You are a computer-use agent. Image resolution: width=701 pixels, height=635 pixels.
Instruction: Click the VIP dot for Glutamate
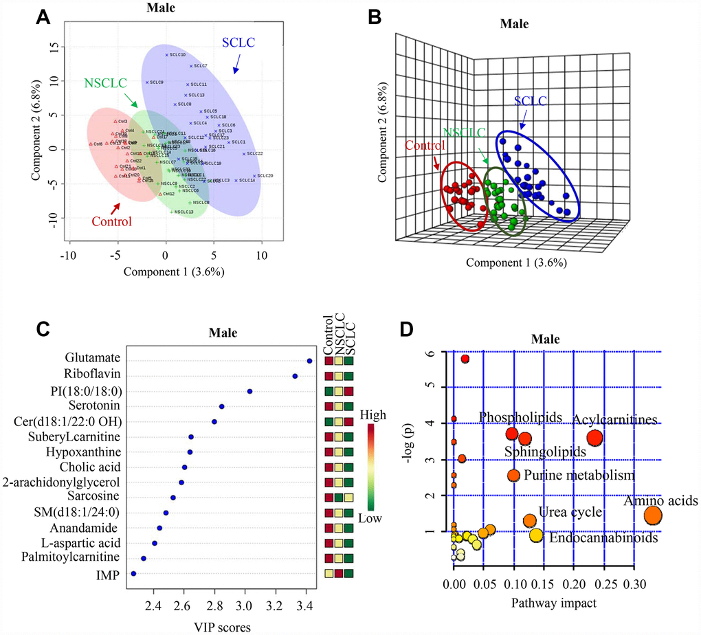[309, 360]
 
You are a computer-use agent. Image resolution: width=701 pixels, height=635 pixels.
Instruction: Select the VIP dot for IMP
[133, 573]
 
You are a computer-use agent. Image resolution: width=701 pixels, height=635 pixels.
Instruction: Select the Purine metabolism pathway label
[579, 475]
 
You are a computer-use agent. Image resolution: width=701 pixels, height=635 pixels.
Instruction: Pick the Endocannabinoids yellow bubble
[536, 535]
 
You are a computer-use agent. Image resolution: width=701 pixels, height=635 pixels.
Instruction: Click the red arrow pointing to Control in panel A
[117, 207]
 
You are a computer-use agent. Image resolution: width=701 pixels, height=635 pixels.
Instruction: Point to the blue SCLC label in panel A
[239, 43]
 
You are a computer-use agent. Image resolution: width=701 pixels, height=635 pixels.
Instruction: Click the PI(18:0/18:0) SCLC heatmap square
[350, 392]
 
